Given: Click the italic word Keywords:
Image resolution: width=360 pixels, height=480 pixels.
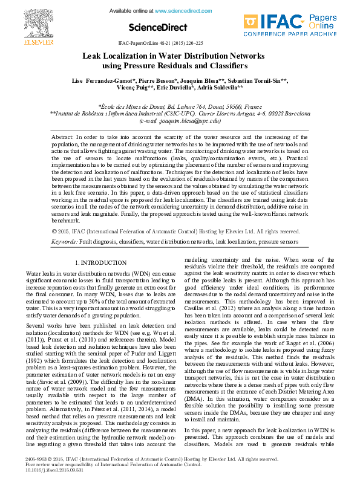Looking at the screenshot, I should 65,241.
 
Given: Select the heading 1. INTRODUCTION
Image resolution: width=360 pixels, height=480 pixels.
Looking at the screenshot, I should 100,263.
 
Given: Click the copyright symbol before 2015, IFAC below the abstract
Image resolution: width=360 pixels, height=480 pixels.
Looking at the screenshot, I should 56,231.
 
